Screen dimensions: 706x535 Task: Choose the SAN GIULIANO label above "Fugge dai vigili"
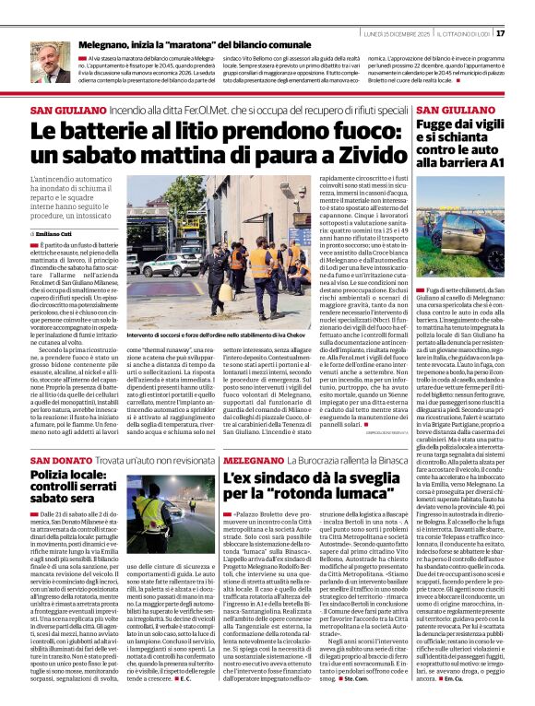pos(446,109)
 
